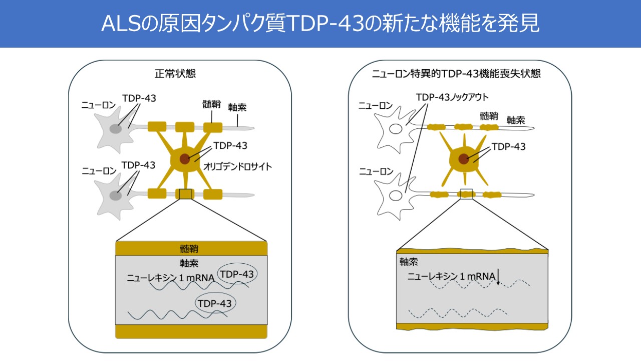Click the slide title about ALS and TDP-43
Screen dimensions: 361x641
pos(320,24)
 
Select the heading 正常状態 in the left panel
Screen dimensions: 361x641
pos(175,74)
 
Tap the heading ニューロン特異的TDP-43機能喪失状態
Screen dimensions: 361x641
pos(456,74)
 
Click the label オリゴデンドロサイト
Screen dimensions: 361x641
pos(238,166)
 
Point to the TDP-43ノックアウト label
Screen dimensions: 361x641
pos(452,97)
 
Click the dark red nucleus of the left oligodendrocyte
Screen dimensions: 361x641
pos(185,159)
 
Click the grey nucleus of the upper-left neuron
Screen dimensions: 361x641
pos(116,129)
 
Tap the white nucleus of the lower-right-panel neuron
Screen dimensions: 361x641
pos(396,195)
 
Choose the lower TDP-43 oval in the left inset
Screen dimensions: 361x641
pos(215,303)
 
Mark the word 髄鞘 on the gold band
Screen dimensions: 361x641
pos(191,248)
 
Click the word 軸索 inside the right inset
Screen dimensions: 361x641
pos(409,261)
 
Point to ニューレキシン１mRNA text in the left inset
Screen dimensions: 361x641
pos(171,277)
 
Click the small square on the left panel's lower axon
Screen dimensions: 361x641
pos(185,194)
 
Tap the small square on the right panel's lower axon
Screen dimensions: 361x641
pos(466,194)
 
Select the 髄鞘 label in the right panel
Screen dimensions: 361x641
pos(489,116)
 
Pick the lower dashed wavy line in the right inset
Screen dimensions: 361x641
pos(458,313)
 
